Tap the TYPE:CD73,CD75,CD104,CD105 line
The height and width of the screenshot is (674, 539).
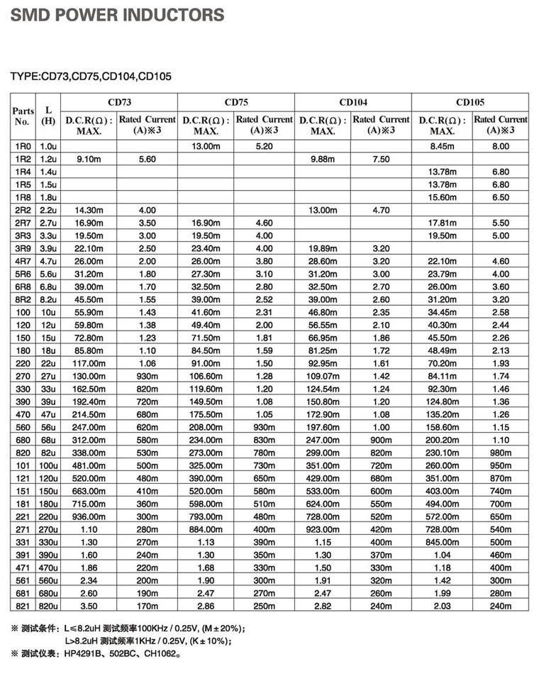pos(91,77)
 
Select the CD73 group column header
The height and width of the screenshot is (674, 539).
pos(118,102)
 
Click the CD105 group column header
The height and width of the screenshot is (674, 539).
pos(470,102)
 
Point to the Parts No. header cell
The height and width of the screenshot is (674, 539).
pos(23,116)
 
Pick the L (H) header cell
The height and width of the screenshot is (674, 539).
pos(48,116)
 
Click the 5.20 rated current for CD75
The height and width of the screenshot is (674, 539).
pos(264,146)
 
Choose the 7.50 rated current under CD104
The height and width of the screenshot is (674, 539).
pos(381,159)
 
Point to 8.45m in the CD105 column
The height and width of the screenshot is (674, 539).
pos(442,146)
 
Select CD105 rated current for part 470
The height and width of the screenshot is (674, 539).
pos(501,414)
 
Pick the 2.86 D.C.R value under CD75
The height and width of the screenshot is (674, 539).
pos(206,605)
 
